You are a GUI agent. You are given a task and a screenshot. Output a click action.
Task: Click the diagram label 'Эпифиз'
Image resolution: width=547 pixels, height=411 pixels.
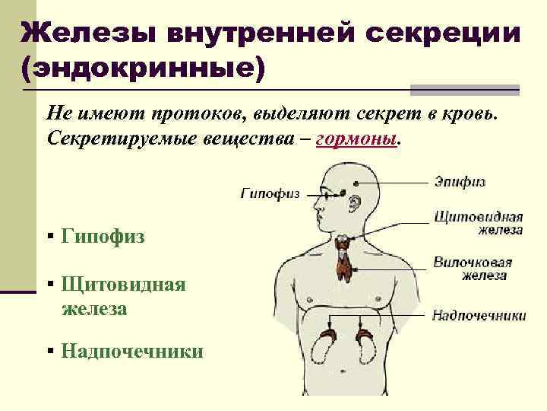click(x=460, y=182)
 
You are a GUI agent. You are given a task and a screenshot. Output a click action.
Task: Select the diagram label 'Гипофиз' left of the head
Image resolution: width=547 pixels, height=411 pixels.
click(x=270, y=193)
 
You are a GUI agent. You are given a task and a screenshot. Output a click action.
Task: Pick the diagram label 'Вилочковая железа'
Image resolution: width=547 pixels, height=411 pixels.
click(x=472, y=269)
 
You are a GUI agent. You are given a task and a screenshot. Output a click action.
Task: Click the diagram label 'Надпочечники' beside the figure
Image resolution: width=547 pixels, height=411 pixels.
click(x=479, y=314)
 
